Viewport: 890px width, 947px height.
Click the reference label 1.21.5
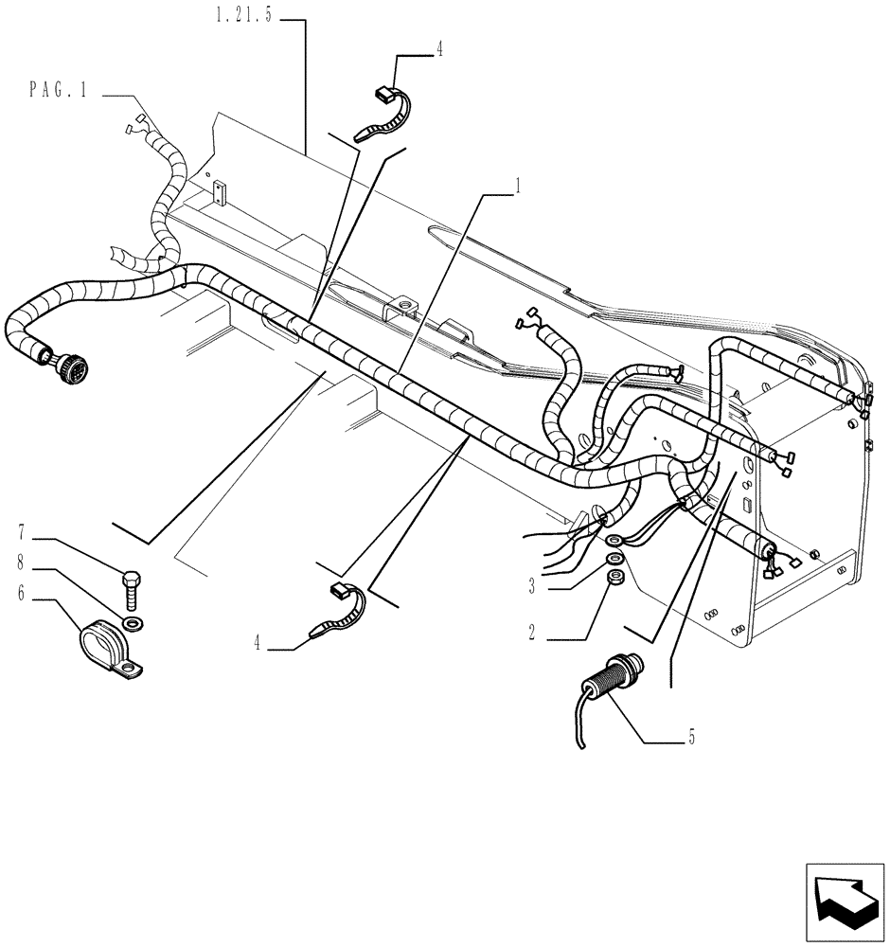243,19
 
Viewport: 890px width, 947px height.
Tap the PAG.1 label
59,91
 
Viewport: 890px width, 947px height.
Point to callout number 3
532,587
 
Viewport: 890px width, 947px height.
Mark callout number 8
21,564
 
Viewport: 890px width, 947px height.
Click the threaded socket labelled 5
611,680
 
